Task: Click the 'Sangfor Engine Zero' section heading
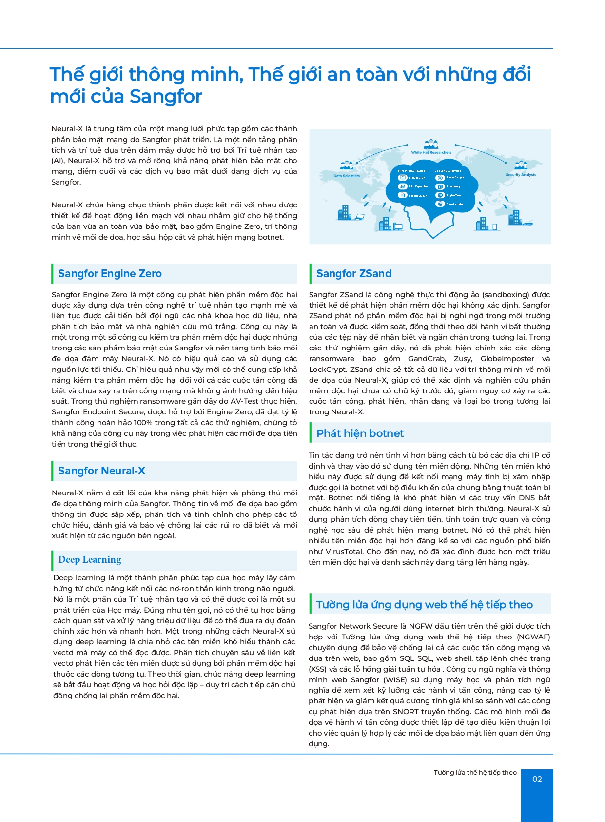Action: click(x=110, y=274)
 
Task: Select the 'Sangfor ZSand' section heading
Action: click(x=353, y=274)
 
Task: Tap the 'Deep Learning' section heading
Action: click(x=89, y=560)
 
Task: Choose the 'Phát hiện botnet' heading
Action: click(x=360, y=433)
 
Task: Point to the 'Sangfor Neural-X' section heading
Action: click(x=101, y=471)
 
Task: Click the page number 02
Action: click(x=537, y=779)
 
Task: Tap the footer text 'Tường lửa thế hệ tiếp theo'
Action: click(x=475, y=772)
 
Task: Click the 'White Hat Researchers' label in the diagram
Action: click(x=431, y=152)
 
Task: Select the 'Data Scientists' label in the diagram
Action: click(x=347, y=176)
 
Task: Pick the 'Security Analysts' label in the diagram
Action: click(x=521, y=174)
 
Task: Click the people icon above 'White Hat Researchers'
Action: click(x=431, y=144)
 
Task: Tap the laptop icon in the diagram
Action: click(x=360, y=216)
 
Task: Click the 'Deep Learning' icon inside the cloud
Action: click(x=440, y=204)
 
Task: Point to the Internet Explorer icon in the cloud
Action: click(x=403, y=186)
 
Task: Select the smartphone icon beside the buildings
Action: click(x=494, y=227)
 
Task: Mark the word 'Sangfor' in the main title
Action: click(x=166, y=96)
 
